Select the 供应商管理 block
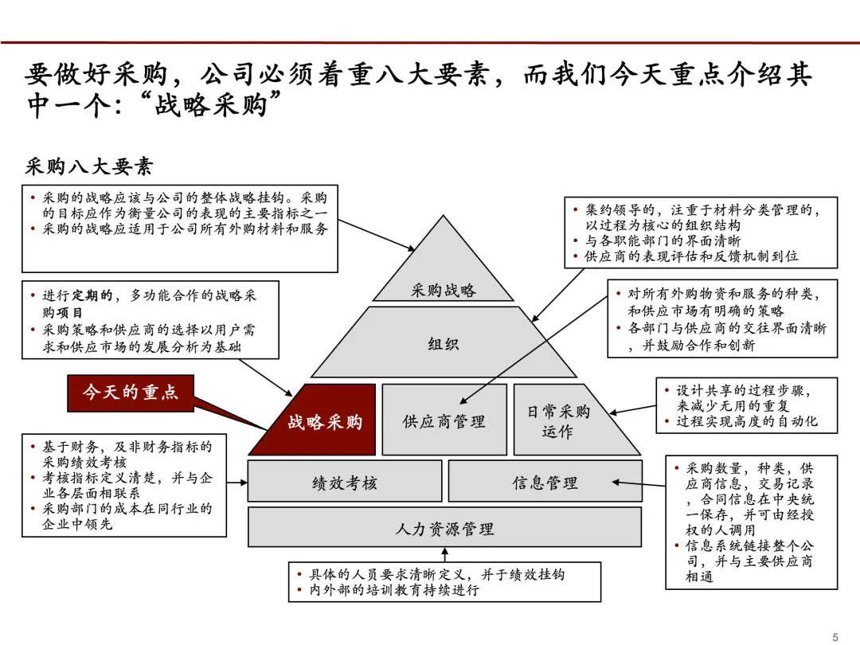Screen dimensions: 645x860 (x=444, y=420)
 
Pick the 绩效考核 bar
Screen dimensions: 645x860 (x=344, y=482)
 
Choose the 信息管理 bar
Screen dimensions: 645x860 (x=545, y=482)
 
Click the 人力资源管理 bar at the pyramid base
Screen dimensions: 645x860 (x=444, y=528)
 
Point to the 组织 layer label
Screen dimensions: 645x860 (x=444, y=344)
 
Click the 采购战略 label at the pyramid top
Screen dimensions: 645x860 (x=444, y=291)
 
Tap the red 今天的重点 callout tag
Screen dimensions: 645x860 (x=130, y=392)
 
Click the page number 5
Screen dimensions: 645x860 (x=835, y=636)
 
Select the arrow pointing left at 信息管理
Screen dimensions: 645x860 (x=638, y=482)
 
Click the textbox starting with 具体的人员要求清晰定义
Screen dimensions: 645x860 (x=444, y=582)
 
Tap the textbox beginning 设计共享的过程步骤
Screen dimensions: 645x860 (x=746, y=405)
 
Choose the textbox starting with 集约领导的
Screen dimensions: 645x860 (x=701, y=233)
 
